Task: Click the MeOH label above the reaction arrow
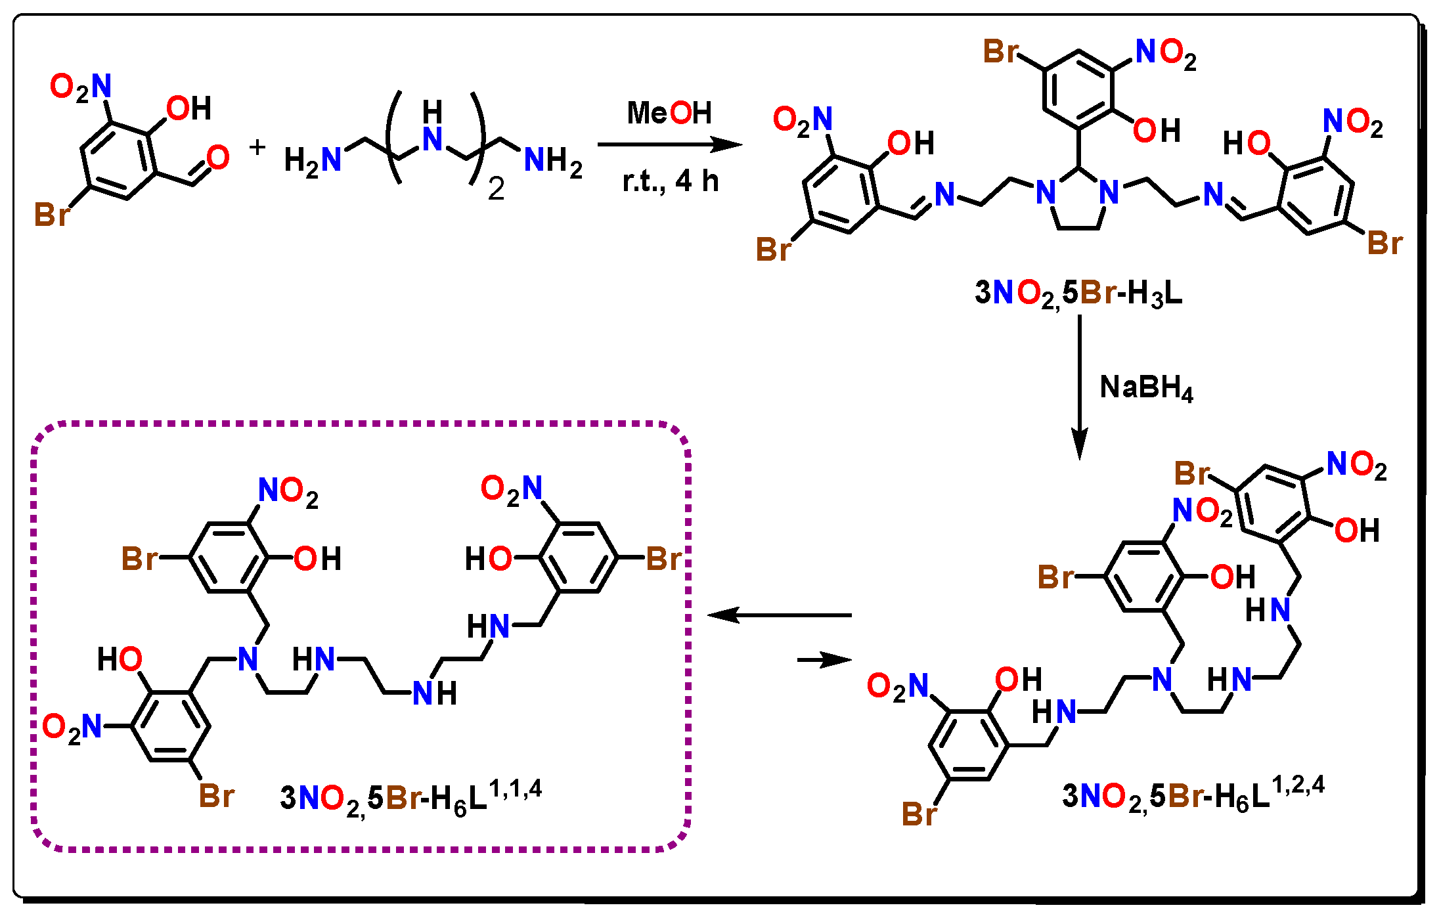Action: coord(669,113)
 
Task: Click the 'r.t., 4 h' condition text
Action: coord(671,181)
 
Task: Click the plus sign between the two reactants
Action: coord(257,147)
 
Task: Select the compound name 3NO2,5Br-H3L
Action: coord(1078,293)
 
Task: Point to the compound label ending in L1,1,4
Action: coord(410,796)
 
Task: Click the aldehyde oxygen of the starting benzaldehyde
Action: coord(218,158)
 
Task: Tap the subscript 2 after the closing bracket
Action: coord(496,190)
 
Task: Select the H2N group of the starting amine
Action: coord(313,160)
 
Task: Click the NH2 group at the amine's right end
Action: coord(553,160)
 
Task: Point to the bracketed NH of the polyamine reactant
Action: coord(432,128)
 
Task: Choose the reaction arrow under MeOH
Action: coord(669,144)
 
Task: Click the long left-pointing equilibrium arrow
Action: coord(779,615)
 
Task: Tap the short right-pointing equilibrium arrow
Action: coord(824,659)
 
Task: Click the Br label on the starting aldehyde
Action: coord(52,214)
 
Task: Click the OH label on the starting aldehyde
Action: coord(188,108)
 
